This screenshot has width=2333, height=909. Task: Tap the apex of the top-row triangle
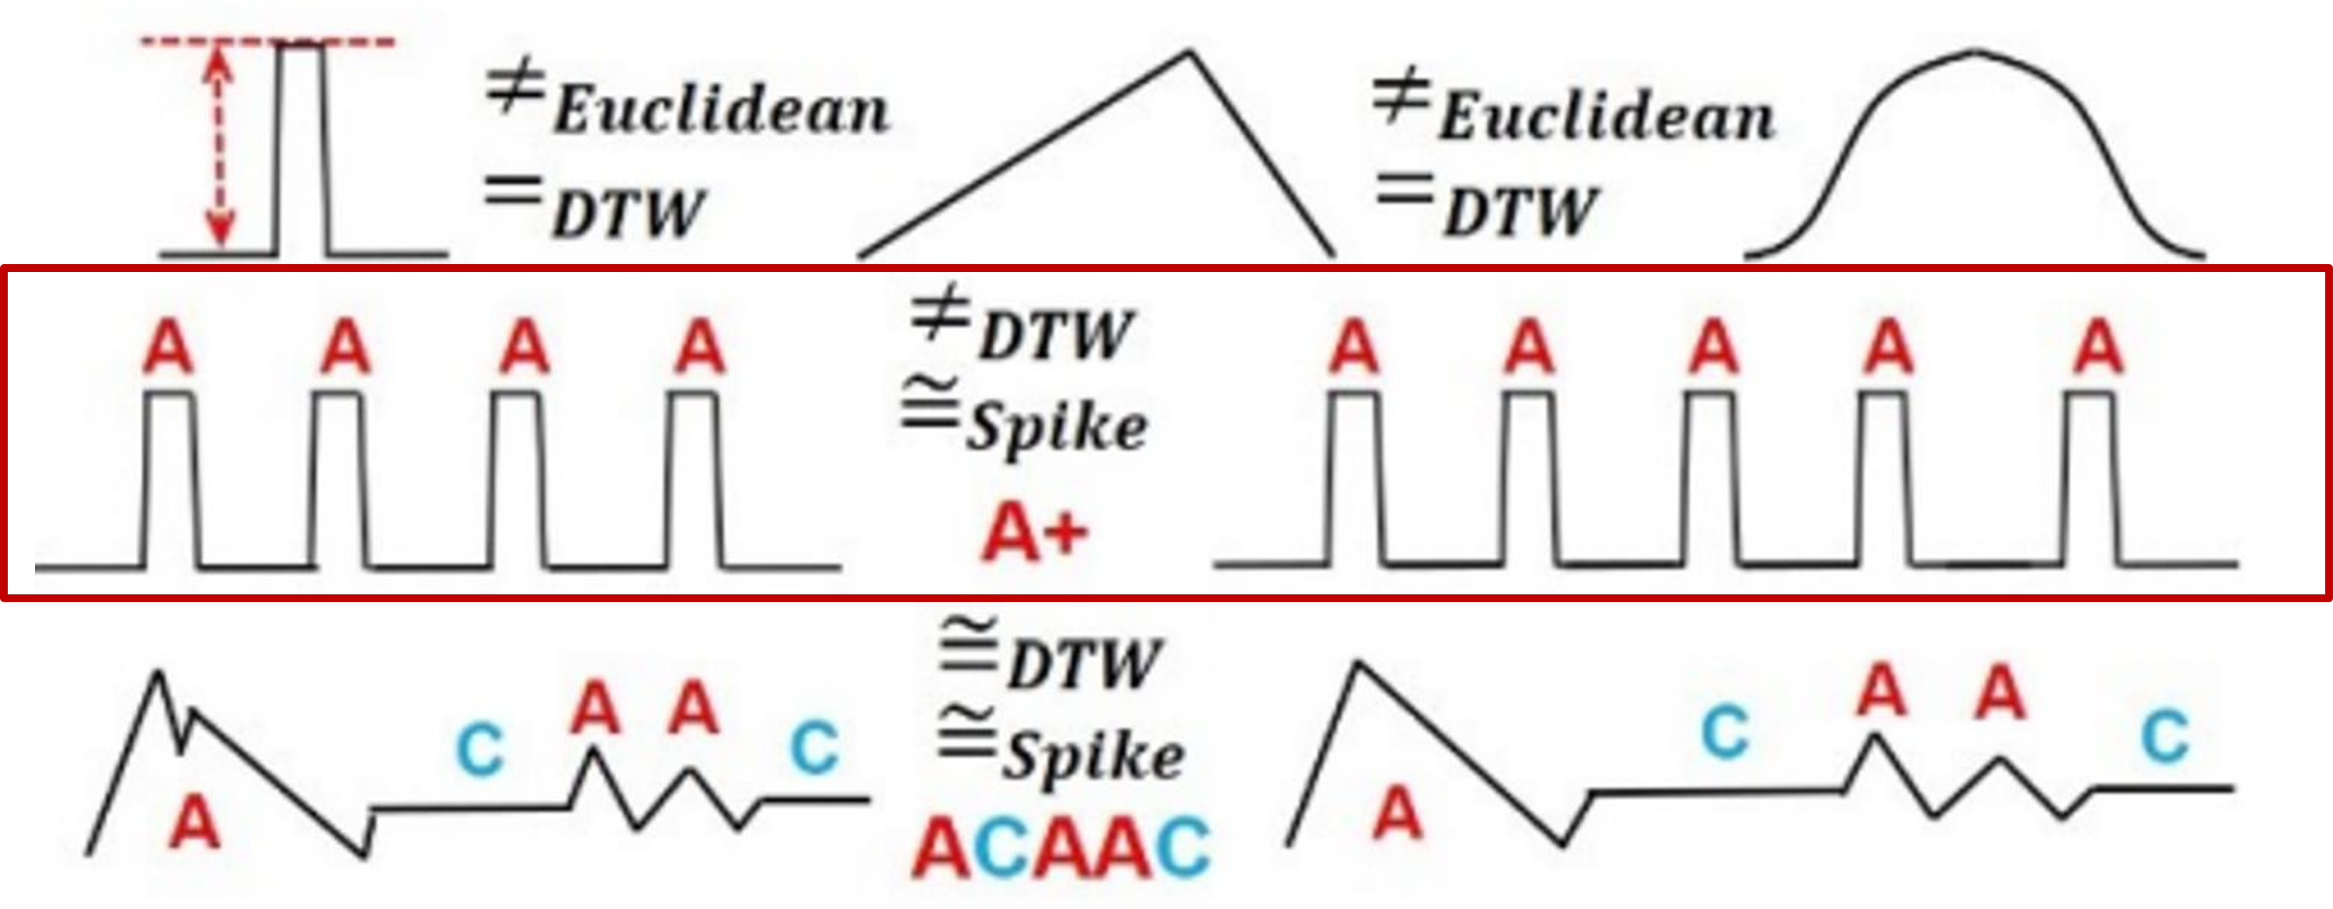pos(1189,54)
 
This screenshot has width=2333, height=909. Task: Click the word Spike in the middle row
pos(1056,429)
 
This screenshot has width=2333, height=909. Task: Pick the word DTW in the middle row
pos(1054,336)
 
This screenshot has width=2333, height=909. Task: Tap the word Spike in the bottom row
pos(1092,757)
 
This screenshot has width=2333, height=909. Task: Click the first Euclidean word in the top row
pos(721,110)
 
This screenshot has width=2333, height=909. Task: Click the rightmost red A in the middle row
pos(2098,349)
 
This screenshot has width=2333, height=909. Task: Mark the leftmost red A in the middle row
pos(169,349)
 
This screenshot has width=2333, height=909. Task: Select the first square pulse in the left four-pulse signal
pos(169,480)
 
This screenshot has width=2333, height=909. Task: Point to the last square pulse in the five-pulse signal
pos(2092,480)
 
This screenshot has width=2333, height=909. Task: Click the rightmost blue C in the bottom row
pos(2164,737)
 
